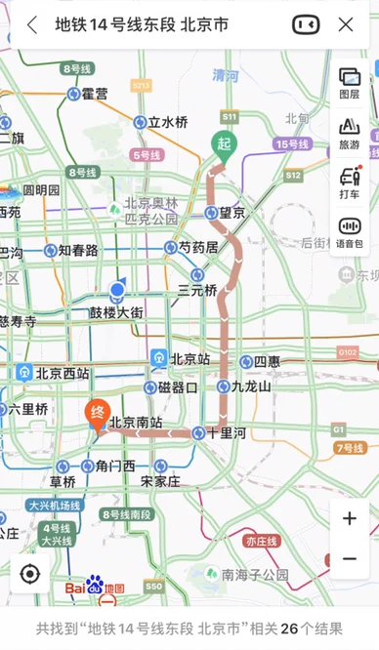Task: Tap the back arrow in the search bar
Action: pos(32,24)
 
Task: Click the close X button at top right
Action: pos(345,24)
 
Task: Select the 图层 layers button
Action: pos(349,84)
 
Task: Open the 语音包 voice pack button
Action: pos(349,232)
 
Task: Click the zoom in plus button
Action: pos(349,518)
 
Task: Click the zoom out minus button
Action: pos(349,559)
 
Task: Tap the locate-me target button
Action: pos(30,574)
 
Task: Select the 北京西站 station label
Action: pos(63,373)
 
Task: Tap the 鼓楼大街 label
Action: pos(116,312)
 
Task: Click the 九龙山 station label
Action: pos(250,386)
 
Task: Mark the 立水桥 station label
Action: pos(167,122)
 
